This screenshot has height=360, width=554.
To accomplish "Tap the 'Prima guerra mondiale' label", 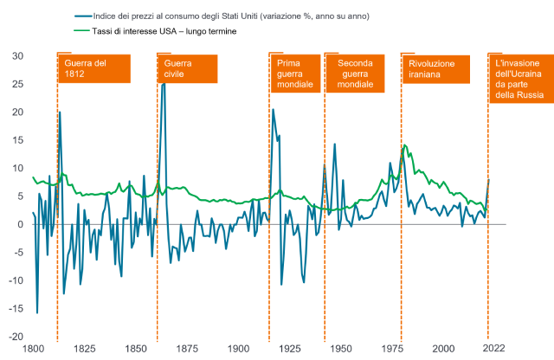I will tap(294, 74).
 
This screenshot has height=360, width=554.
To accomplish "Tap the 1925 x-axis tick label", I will tap(288, 349).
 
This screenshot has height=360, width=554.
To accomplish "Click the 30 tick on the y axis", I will tap(17, 56).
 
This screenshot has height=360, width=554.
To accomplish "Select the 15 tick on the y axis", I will tap(17, 140).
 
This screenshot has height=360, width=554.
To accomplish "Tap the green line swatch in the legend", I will tap(82, 29).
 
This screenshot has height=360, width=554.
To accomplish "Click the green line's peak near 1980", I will tap(404, 145).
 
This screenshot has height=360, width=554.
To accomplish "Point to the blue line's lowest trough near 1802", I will tap(37, 312).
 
